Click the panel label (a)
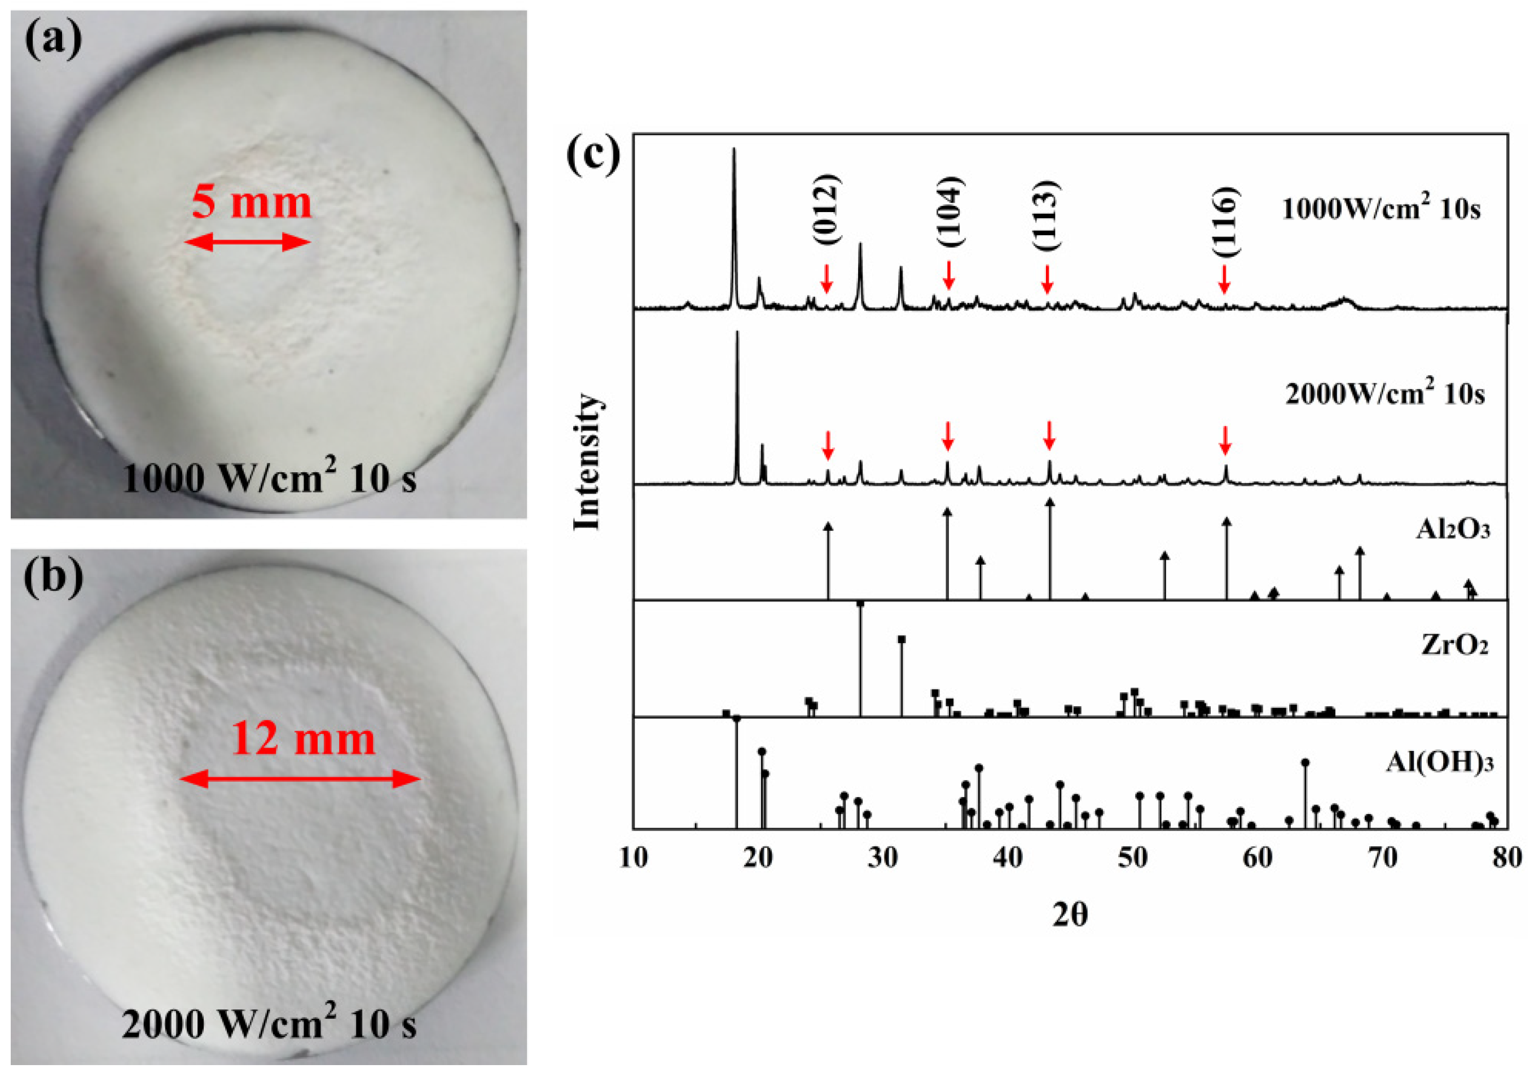tap(53, 39)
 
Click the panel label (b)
tap(53, 576)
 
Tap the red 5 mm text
tap(251, 202)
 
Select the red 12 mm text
tap(303, 738)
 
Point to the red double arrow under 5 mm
tap(247, 243)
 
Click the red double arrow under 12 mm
tap(300, 779)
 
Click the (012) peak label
tap(827, 209)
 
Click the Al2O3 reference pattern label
tap(1453, 529)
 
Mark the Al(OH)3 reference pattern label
tap(1439, 761)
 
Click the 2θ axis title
tap(1070, 914)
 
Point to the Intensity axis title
tap(587, 462)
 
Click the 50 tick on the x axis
tap(1132, 857)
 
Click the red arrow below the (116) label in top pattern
tap(1224, 279)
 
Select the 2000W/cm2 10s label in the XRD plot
tap(1385, 394)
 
